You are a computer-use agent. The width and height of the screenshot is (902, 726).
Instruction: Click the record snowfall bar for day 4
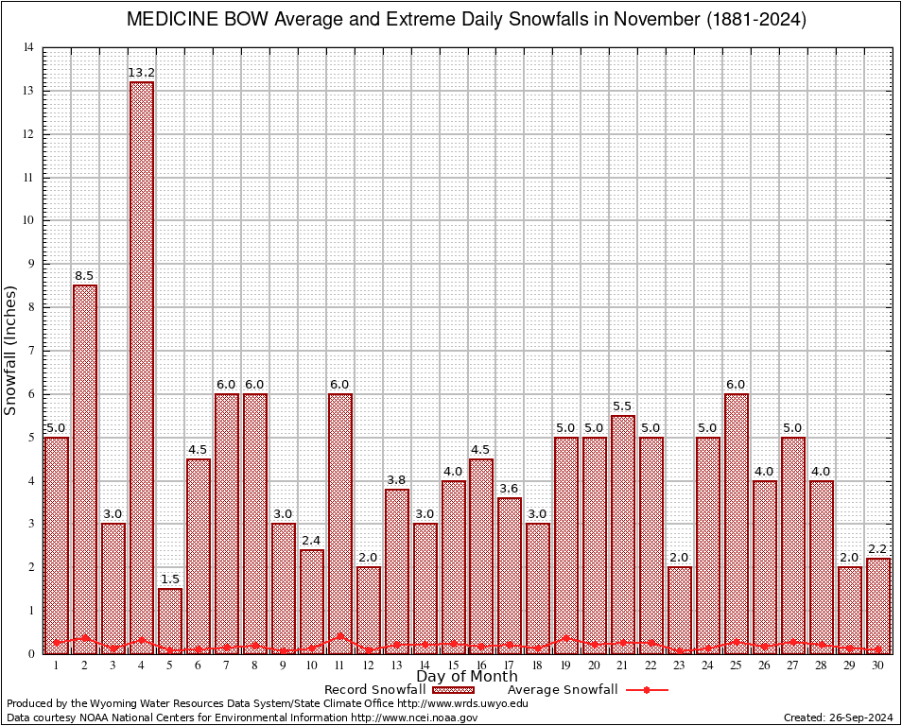(142, 369)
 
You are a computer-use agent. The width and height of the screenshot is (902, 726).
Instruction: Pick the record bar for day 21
(623, 534)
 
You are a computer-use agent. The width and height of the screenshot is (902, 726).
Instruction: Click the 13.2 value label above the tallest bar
(142, 73)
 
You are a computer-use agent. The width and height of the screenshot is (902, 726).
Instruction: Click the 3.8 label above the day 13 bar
(397, 480)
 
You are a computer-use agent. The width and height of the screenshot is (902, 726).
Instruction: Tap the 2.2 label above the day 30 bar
(878, 549)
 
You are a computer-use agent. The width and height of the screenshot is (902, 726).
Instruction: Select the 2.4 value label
(312, 541)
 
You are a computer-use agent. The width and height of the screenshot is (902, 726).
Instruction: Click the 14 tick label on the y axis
(29, 48)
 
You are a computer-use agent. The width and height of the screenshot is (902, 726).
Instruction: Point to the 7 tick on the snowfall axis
(31, 351)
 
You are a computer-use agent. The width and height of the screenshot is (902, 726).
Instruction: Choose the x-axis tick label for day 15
(453, 665)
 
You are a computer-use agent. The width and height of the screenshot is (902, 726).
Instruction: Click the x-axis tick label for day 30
(878, 665)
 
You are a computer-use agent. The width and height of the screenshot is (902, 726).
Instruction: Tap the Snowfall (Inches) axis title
(11, 351)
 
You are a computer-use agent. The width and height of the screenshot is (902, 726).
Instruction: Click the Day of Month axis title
(467, 677)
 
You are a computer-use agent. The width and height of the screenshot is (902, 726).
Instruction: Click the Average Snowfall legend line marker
(647, 690)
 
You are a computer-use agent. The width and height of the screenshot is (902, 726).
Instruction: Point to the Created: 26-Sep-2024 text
(838, 717)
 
